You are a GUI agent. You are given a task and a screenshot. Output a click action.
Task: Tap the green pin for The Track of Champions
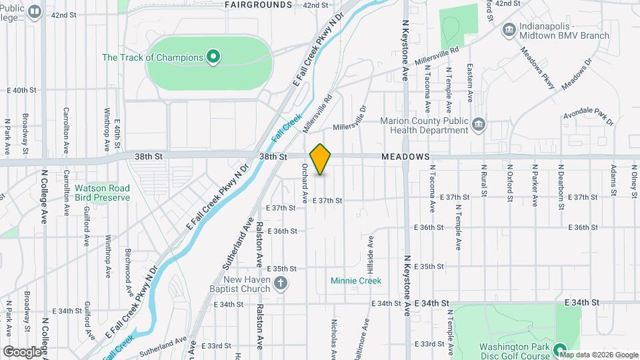(213, 57)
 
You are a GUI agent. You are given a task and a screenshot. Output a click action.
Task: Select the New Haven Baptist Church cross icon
(281, 284)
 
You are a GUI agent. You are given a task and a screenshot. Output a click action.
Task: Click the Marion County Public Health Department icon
(478, 125)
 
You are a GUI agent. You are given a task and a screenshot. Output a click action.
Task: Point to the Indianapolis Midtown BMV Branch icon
(509, 29)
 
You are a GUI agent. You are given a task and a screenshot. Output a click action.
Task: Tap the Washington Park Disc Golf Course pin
(559, 349)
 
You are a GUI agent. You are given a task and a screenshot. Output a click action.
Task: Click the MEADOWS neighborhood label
(405, 157)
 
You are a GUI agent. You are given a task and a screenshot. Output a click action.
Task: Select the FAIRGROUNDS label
(258, 5)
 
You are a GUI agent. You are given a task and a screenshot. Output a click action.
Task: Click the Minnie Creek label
(356, 281)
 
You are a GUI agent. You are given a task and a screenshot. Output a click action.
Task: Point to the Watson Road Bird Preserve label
(102, 193)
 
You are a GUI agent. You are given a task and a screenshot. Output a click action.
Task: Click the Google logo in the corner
(22, 351)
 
